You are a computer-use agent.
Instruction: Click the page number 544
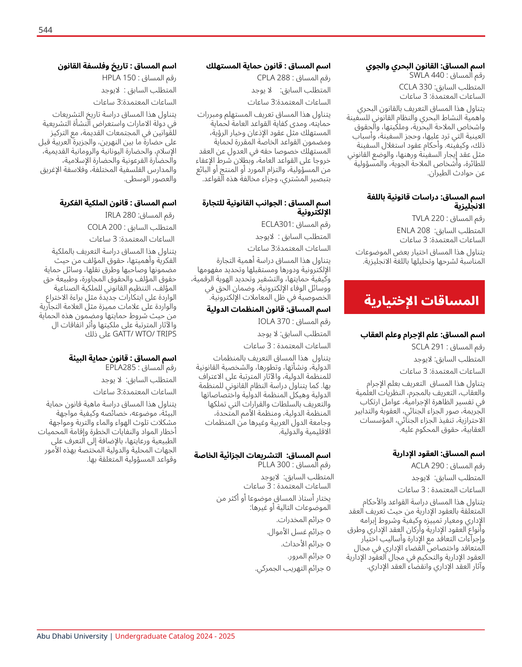pyautogui.click(x=45, y=30)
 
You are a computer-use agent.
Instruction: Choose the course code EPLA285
pyautogui.click(x=120, y=367)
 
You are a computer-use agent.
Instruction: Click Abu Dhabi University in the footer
pyautogui.click(x=72, y=636)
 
